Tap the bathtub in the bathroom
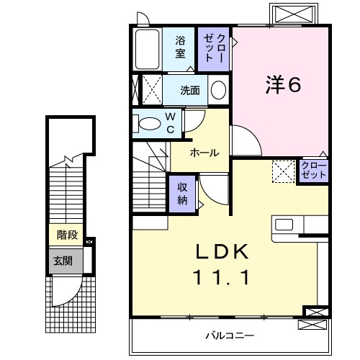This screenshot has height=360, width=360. click(148, 49)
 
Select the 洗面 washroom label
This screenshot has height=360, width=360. click(190, 91)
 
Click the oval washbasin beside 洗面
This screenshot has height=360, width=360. click(219, 90)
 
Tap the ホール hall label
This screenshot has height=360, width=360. click(204, 153)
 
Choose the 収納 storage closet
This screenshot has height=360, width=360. click(183, 192)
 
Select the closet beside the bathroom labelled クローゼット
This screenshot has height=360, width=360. click(215, 48)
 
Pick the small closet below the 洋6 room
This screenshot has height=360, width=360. click(314, 171)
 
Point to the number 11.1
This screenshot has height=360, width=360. click(223, 277)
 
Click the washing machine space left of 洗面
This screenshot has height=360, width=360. click(150, 91)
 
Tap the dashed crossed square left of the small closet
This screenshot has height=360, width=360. click(283, 171)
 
